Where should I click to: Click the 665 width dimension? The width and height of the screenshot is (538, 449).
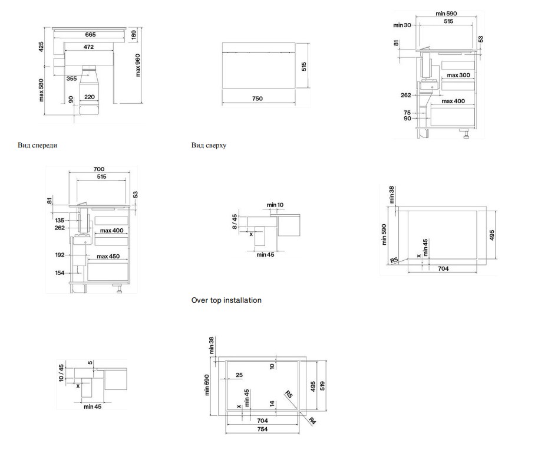click(x=90, y=34)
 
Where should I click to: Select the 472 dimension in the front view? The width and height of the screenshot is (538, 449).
click(x=88, y=47)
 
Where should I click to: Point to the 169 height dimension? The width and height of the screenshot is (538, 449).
click(x=134, y=34)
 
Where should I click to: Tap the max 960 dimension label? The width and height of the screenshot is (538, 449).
click(x=137, y=65)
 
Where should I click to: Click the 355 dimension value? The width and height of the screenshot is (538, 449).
click(x=71, y=78)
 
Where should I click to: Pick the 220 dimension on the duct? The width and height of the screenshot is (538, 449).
click(x=89, y=97)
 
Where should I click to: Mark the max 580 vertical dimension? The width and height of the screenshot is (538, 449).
click(x=41, y=90)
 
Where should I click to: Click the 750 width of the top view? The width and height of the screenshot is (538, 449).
click(x=258, y=99)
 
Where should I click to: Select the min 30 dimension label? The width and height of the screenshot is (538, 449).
click(x=402, y=25)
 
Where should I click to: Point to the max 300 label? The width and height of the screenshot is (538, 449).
click(x=458, y=75)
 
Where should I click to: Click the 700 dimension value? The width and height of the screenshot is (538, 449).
click(x=99, y=169)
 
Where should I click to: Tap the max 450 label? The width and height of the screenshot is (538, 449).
click(x=108, y=256)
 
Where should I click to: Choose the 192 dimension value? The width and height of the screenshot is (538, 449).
click(x=60, y=255)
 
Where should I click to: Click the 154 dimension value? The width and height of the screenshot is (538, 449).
click(x=60, y=273)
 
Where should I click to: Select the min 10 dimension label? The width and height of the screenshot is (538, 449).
click(x=275, y=205)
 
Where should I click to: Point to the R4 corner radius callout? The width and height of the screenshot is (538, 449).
click(x=312, y=421)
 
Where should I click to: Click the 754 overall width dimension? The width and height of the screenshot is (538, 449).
click(x=262, y=429)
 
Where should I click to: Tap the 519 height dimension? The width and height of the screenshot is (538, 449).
click(x=322, y=386)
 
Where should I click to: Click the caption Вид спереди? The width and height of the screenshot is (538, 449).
click(x=37, y=145)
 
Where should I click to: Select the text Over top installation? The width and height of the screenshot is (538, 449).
click(x=226, y=300)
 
